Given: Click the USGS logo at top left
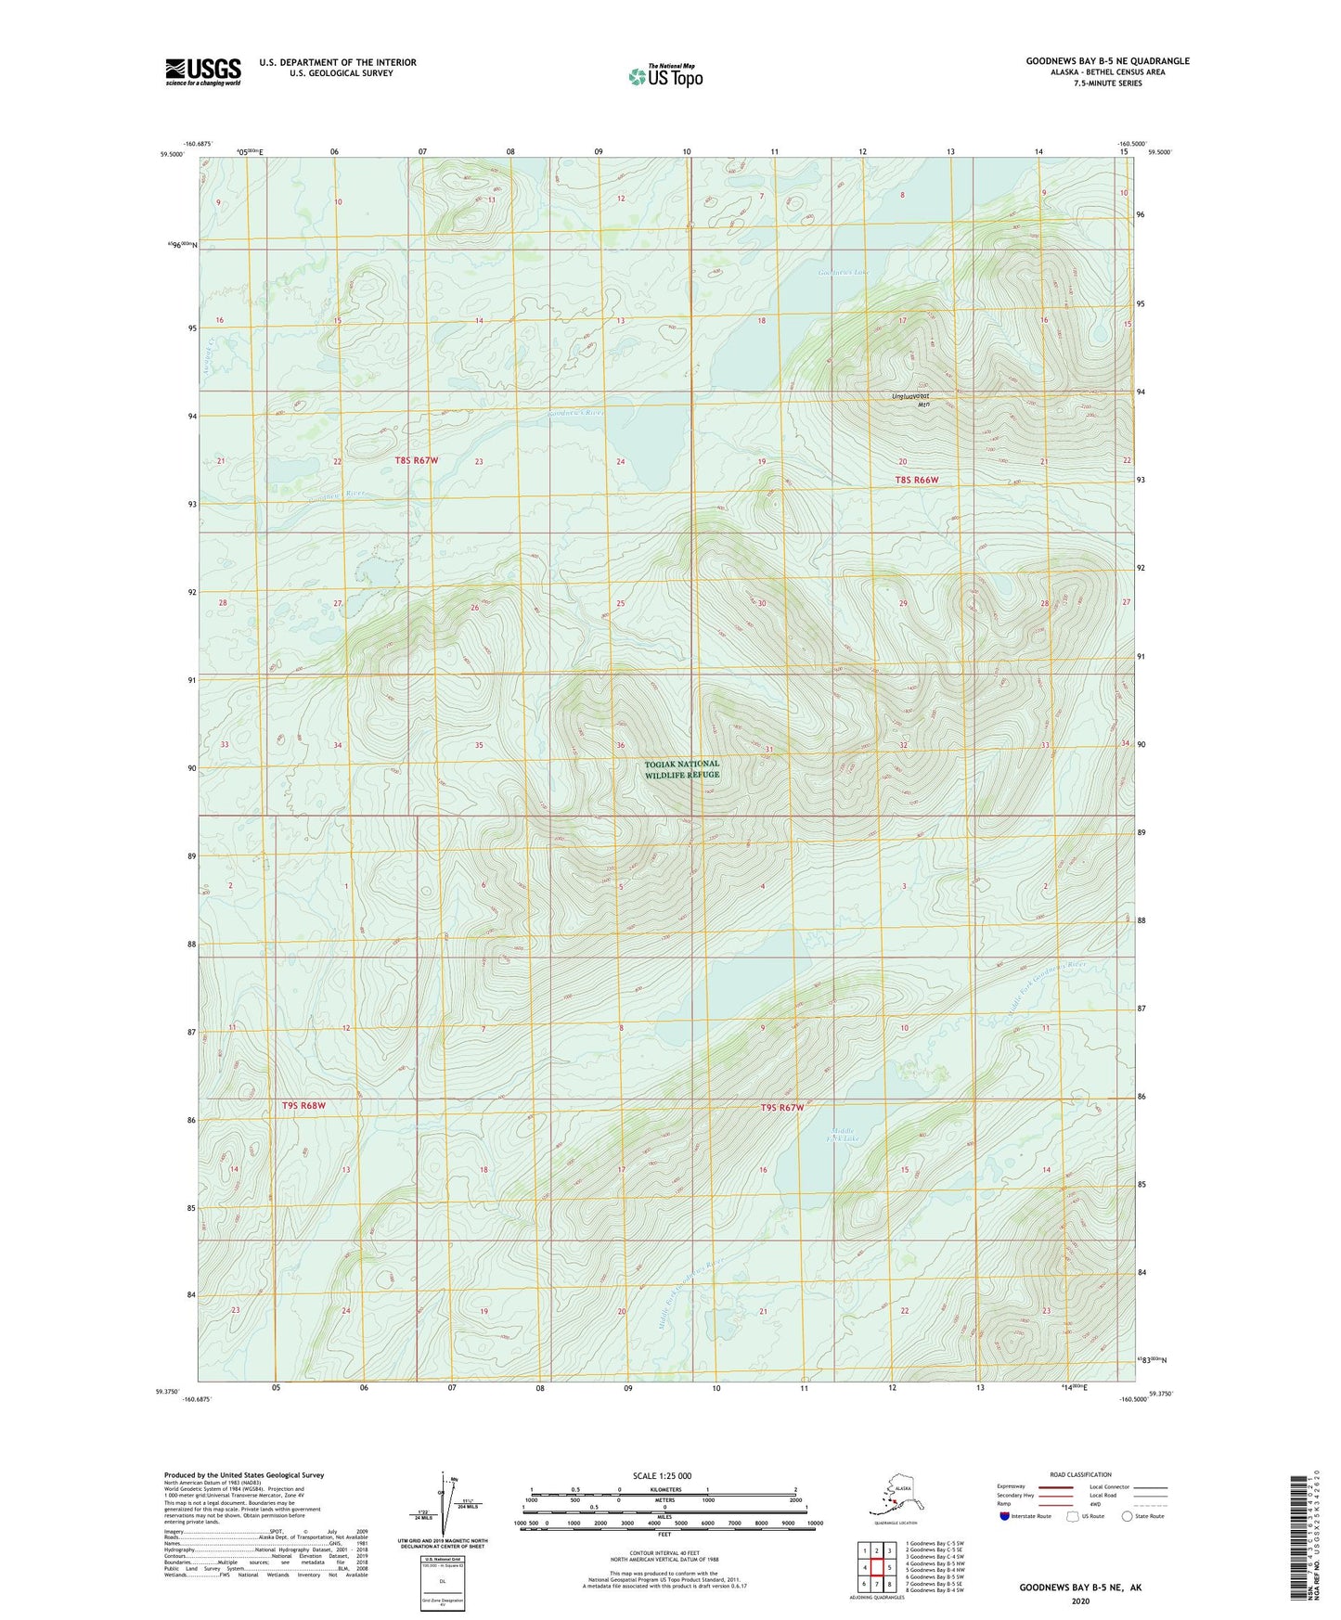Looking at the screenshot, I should [202, 71].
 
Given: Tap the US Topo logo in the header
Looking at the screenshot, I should [665, 76].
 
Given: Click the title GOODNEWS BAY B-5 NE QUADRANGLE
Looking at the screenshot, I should [1106, 61].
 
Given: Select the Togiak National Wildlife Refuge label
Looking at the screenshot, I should [682, 769].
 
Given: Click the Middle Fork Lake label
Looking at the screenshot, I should [845, 1135].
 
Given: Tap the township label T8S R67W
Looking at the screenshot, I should [416, 460].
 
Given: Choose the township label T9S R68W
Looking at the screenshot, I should [304, 1106].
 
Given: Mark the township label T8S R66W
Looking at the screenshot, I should [917, 480].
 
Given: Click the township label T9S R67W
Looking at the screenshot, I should [782, 1108].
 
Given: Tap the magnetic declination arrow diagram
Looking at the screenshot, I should [444, 1503].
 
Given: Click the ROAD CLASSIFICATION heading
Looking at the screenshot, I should [1080, 1474].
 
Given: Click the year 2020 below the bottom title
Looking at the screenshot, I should [1080, 1601].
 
